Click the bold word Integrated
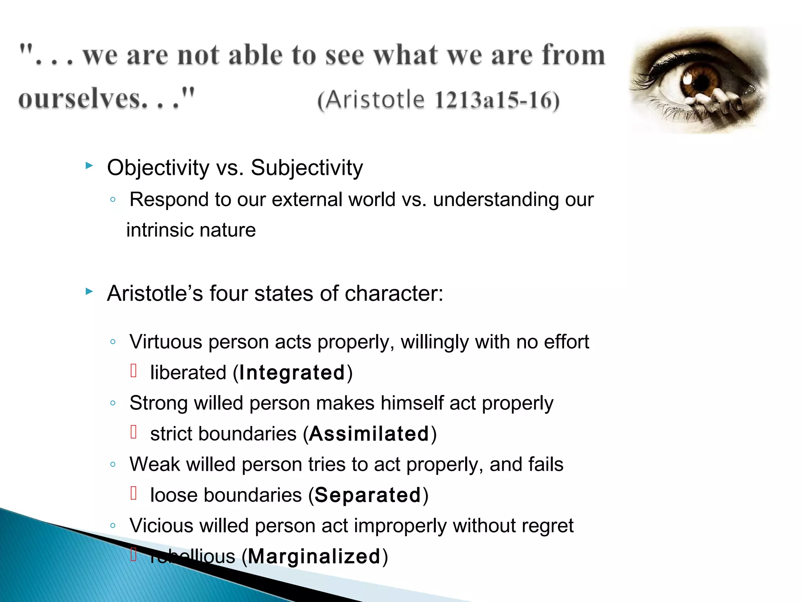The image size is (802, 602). click(x=292, y=372)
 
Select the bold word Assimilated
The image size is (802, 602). click(x=369, y=434)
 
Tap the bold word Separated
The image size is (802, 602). click(x=367, y=495)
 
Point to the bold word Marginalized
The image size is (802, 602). click(x=314, y=557)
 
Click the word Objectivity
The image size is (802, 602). click(x=158, y=168)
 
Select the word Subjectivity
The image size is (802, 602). click(x=307, y=168)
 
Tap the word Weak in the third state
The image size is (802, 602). click(x=155, y=464)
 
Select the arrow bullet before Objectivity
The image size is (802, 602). click(x=89, y=166)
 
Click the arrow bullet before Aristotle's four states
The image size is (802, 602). click(x=89, y=292)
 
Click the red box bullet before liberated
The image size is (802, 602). click(x=134, y=370)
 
